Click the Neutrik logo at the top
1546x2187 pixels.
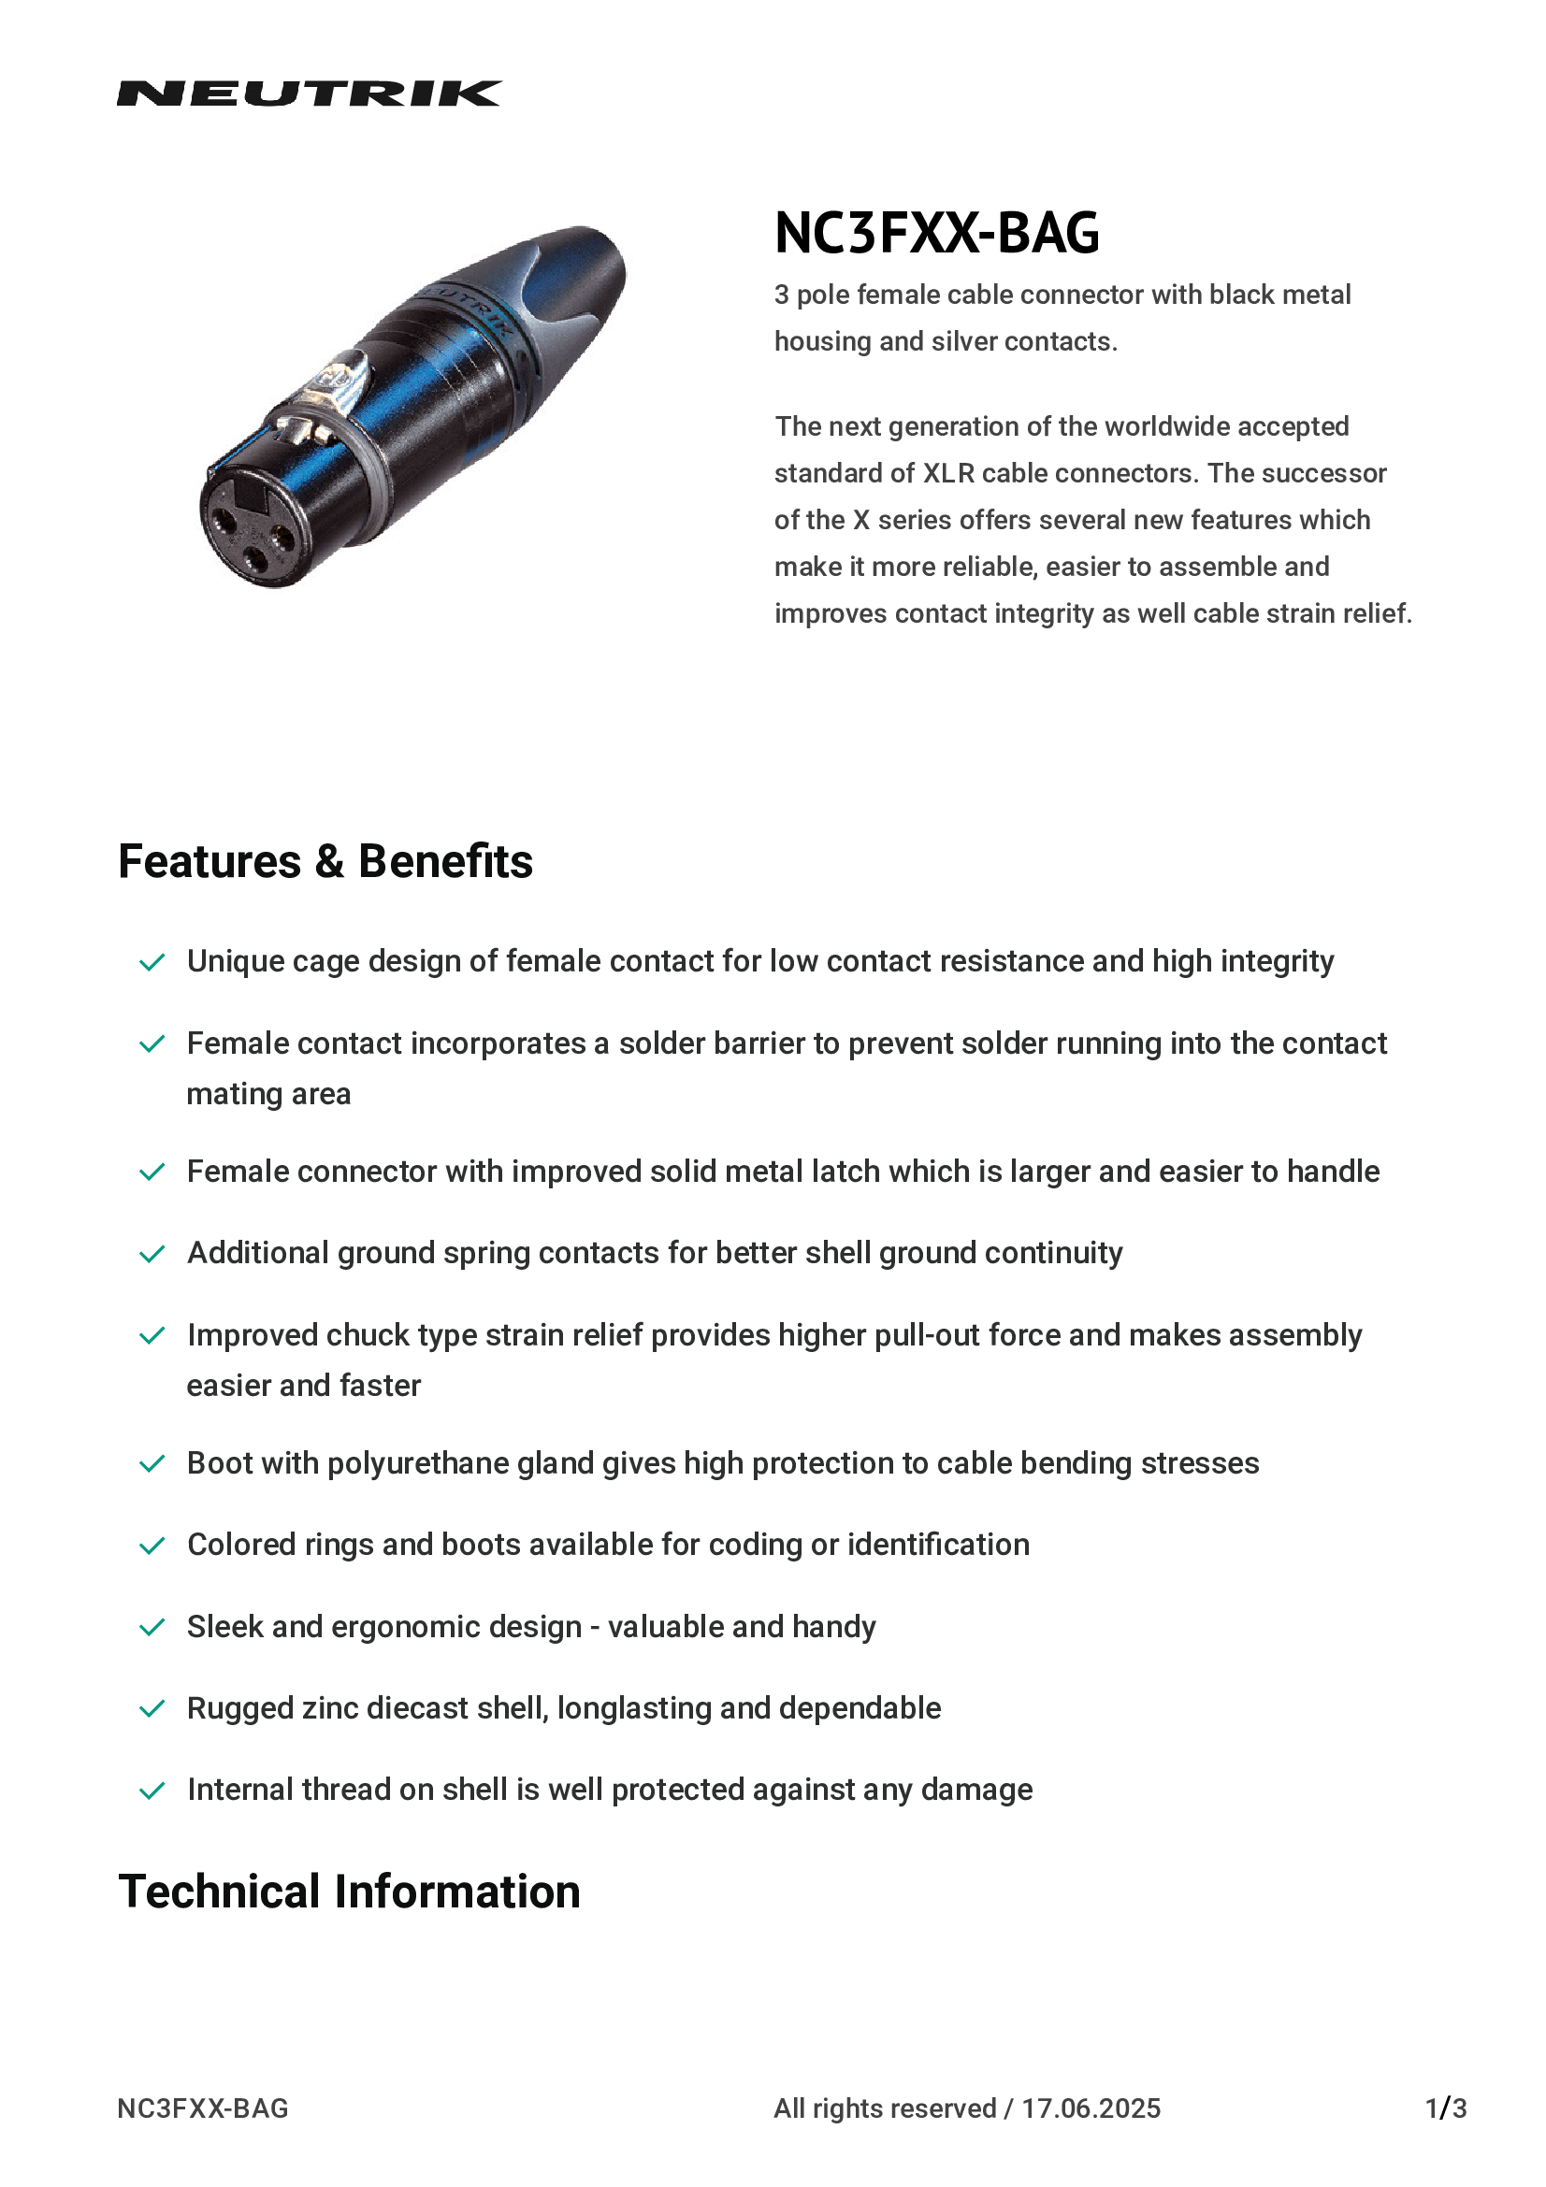click(309, 94)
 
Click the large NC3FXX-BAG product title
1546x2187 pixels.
click(936, 233)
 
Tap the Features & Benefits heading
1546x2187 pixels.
click(325, 861)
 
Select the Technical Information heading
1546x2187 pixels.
click(349, 1891)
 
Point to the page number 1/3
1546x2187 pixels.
click(1445, 2108)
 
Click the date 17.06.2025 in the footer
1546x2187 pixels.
click(1091, 2108)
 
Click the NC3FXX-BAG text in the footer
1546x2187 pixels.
click(203, 2108)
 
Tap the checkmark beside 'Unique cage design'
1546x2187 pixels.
click(152, 962)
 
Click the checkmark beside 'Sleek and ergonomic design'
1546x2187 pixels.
click(152, 1627)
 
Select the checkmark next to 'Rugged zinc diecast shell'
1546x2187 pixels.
click(152, 1709)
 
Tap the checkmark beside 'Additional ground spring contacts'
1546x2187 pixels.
click(152, 1254)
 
